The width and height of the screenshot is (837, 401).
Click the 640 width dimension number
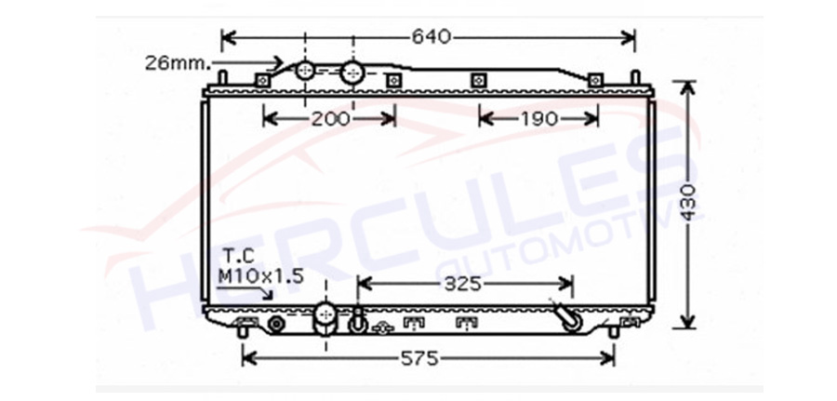click(x=432, y=37)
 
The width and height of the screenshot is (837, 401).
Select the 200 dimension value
click(x=330, y=118)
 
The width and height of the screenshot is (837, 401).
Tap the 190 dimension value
click(x=539, y=118)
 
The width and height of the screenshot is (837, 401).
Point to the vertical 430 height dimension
click(x=689, y=203)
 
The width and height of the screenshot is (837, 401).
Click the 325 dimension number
click(x=463, y=284)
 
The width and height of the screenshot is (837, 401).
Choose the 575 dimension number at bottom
click(x=419, y=358)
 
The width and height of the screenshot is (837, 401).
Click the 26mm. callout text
click(x=179, y=63)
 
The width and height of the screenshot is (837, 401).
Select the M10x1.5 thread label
click(x=261, y=276)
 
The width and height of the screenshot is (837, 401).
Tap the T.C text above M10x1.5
click(x=239, y=254)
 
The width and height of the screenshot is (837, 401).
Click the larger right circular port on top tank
click(x=352, y=73)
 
